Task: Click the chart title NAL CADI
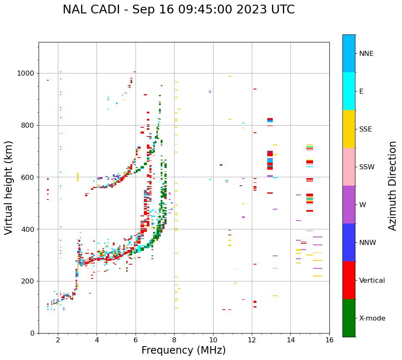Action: (x=178, y=10)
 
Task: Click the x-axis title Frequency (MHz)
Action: (x=183, y=350)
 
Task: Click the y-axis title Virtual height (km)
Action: (x=9, y=187)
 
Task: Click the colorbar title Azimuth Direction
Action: (x=392, y=185)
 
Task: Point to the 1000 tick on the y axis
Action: (x=26, y=73)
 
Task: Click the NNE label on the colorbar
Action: (x=366, y=54)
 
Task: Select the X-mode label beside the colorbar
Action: (x=372, y=318)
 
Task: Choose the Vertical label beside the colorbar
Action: (x=372, y=281)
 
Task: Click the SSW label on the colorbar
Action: (x=367, y=167)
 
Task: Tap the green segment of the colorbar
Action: (x=349, y=318)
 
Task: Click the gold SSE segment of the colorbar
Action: (x=349, y=129)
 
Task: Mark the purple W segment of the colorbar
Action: (x=349, y=205)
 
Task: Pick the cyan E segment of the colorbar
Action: (x=349, y=91)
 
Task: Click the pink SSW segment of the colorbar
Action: (x=349, y=167)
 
